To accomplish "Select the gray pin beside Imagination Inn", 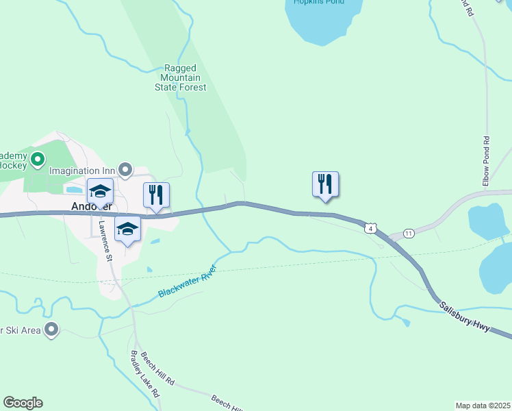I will (x=125, y=169).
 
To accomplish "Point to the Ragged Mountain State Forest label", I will (x=181, y=78).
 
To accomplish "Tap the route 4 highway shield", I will (x=370, y=227).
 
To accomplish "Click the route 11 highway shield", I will (x=409, y=234).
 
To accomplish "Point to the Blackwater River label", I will (x=187, y=281).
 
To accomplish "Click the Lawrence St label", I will (x=105, y=240).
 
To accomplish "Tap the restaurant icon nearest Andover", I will (x=157, y=195).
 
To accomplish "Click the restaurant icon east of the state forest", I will (x=326, y=184).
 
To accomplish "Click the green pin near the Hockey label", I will (x=38, y=161).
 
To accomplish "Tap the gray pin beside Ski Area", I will (x=51, y=329).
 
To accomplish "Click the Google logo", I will (x=23, y=403).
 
